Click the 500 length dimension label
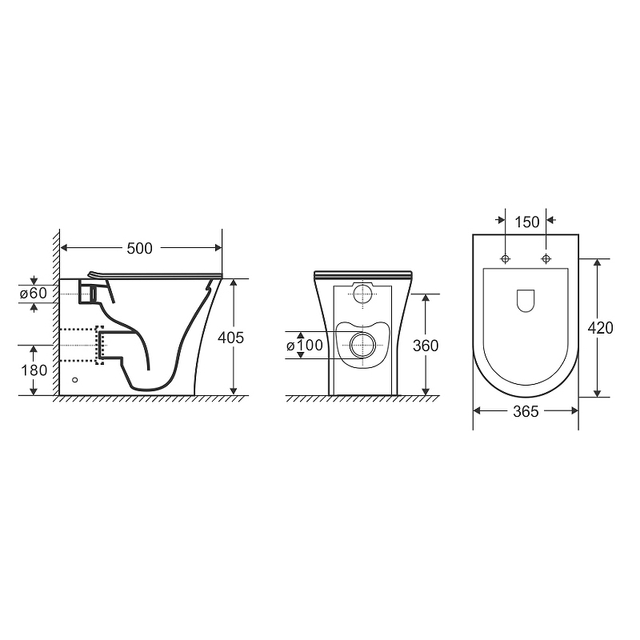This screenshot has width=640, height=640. pos(139,248)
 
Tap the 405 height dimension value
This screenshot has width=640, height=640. pos(230,338)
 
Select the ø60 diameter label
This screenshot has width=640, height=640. pos(34,293)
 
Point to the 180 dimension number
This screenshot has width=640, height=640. pos(34,370)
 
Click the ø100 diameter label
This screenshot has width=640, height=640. pos(305,346)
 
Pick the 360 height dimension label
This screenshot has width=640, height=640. pos(426,346)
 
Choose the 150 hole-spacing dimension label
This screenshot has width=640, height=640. pos(527,222)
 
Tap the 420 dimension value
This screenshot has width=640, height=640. pos(601,328)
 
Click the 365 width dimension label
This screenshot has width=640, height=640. pos(526,411)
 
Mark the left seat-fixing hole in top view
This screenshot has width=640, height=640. pos(506,258)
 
